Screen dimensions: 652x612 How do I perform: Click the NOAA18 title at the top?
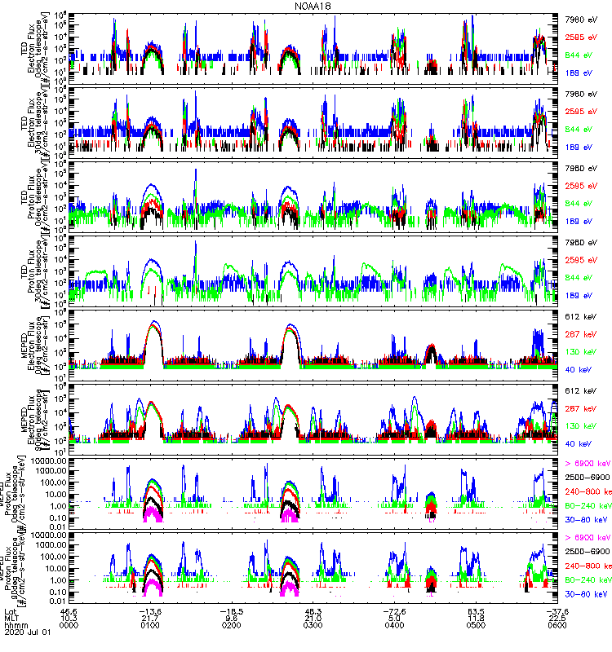pos(312,6)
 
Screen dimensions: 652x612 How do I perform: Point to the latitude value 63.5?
pos(477,612)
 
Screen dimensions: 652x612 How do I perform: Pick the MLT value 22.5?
pos(557,620)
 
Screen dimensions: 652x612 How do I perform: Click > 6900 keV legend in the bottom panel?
pos(587,538)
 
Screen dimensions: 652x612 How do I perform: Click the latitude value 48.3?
pos(314,612)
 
